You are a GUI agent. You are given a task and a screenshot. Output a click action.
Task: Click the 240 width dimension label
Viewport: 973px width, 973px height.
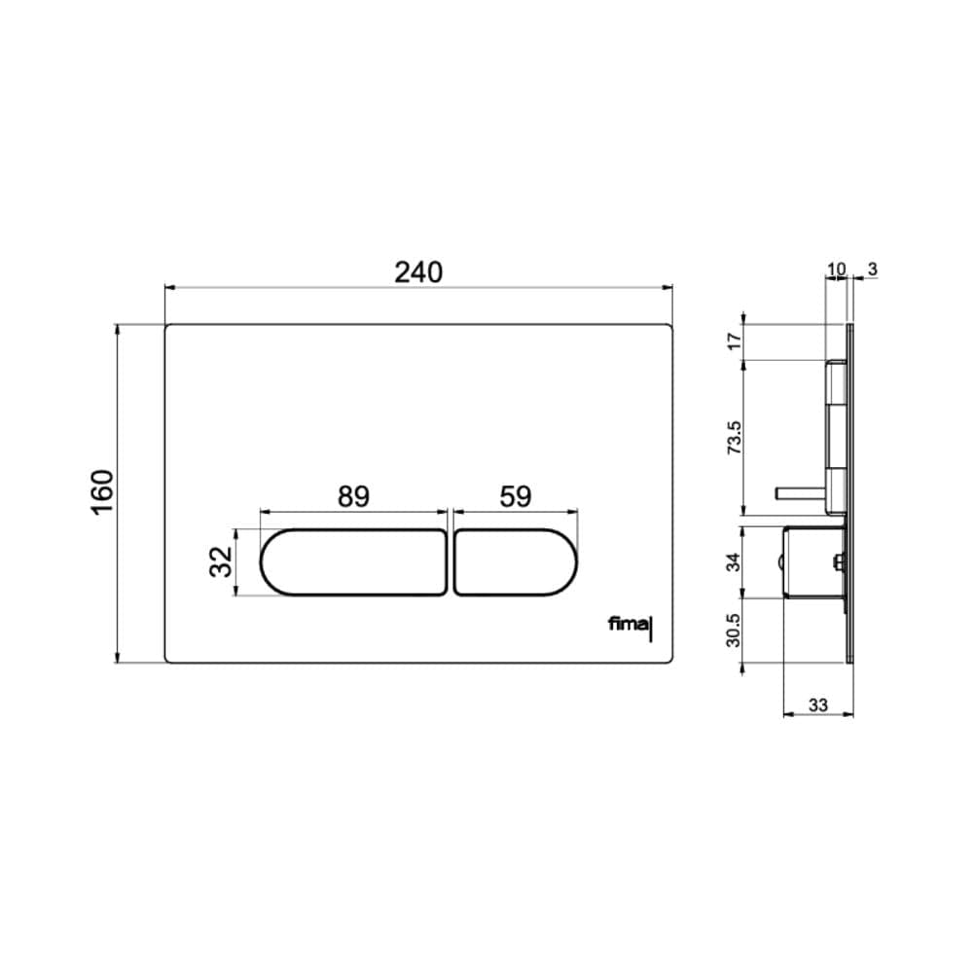pos(418,272)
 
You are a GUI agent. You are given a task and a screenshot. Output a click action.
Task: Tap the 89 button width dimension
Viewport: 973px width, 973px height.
pos(353,496)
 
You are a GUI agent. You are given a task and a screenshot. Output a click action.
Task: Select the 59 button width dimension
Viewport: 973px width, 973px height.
pos(516,496)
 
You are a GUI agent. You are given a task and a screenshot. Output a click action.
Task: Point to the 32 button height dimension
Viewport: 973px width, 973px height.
pos(221,561)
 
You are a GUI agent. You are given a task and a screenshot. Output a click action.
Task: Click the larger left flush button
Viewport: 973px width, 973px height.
pos(353,562)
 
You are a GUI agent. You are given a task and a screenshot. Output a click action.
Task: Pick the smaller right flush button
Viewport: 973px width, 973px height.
pos(516,562)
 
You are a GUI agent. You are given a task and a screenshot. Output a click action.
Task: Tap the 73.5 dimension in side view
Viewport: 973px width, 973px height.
pos(735,438)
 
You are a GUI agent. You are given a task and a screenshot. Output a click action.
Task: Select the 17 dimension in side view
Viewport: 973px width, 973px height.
pos(735,342)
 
